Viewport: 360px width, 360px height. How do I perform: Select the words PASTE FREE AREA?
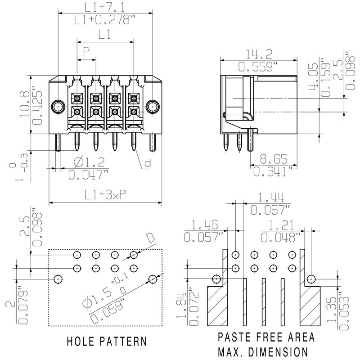(x=266, y=337)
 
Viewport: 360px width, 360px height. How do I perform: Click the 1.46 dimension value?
(x=204, y=224)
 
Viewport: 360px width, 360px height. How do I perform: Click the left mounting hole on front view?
(x=57, y=107)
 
